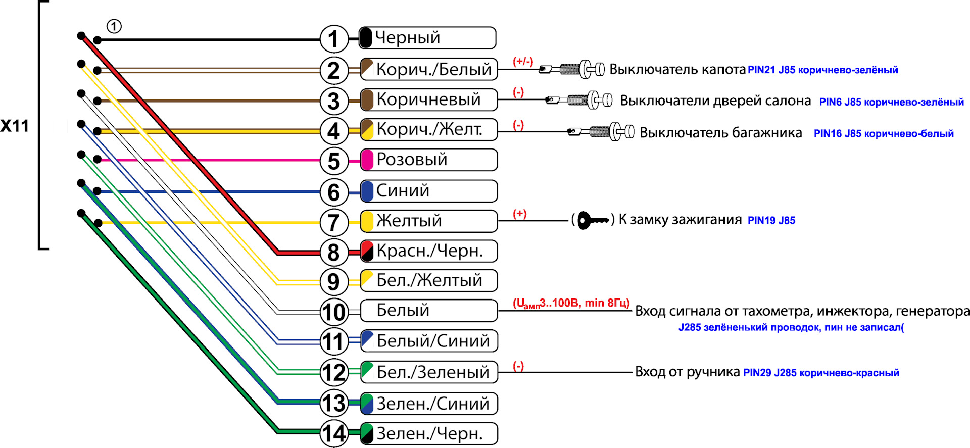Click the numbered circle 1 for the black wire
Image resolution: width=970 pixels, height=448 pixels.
click(x=334, y=39)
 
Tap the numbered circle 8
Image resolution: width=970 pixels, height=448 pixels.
click(x=334, y=252)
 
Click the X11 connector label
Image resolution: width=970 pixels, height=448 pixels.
click(x=15, y=126)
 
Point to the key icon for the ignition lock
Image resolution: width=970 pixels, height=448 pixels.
click(x=593, y=220)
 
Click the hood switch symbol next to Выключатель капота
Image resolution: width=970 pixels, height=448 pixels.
click(x=571, y=69)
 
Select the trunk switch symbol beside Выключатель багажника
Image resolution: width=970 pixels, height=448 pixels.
click(x=601, y=132)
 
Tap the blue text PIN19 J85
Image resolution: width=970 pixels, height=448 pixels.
click(x=771, y=220)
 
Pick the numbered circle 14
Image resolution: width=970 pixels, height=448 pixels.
click(x=334, y=433)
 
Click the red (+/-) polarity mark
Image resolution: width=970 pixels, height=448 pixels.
click(x=523, y=62)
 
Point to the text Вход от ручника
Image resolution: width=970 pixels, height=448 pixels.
click(x=687, y=372)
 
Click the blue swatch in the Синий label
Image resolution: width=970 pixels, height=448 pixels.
click(x=367, y=191)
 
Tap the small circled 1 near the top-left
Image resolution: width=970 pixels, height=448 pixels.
click(x=114, y=26)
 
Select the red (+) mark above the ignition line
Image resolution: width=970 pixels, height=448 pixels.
click(x=520, y=214)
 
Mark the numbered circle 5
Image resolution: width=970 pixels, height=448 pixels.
click(x=334, y=161)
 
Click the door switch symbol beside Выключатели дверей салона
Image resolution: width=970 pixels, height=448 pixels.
click(x=579, y=100)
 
